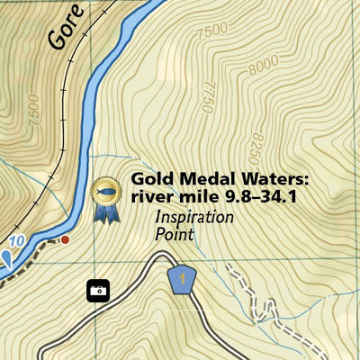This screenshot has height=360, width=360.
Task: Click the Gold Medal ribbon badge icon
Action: click(x=105, y=198)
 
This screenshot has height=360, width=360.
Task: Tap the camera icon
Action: click(x=98, y=290)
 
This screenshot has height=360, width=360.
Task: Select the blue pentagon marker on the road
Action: click(x=183, y=279)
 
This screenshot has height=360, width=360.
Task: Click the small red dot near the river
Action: click(x=65, y=239)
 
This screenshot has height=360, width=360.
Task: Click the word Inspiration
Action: click(x=193, y=217)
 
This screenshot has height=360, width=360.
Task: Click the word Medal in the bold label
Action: click(x=200, y=178)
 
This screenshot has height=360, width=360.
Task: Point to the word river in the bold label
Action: click(x=149, y=196)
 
